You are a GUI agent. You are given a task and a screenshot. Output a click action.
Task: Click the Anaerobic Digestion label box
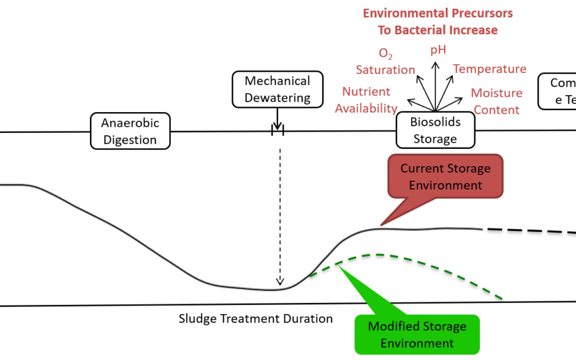click(130, 131)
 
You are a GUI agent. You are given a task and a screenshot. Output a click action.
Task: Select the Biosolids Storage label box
click(435, 130)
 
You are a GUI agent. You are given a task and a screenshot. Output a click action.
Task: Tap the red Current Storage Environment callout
click(445, 176)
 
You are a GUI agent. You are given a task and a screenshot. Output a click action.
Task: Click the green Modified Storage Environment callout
click(417, 334)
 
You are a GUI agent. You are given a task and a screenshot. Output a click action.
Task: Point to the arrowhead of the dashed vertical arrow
click(280, 282)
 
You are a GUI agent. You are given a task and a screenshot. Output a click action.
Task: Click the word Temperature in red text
click(490, 69)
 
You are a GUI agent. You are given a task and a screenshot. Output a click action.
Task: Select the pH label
click(438, 50)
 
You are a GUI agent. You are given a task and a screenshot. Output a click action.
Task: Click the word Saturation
click(385, 70)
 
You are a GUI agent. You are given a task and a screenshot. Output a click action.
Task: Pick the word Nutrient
click(366, 92)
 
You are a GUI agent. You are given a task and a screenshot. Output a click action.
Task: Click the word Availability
click(366, 109)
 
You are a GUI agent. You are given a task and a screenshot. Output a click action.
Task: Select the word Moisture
click(496, 93)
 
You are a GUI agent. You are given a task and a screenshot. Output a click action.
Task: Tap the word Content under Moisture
click(496, 110)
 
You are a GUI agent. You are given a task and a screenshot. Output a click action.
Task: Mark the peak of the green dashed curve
click(380, 254)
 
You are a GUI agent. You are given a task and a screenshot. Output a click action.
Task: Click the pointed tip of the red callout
click(381, 225)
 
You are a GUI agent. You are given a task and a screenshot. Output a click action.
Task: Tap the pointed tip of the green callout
click(339, 264)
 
